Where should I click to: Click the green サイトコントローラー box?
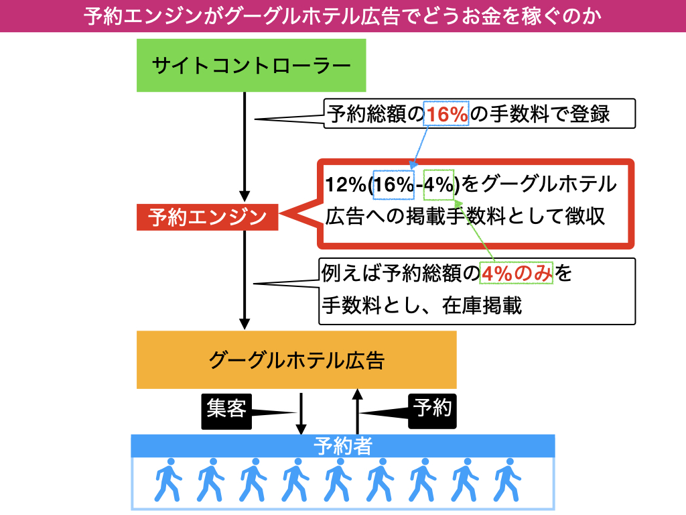pyautogui.click(x=251, y=65)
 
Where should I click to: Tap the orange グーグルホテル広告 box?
pyautogui.click(x=296, y=360)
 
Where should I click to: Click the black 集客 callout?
pyautogui.click(x=226, y=408)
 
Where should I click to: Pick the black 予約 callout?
pyautogui.click(x=433, y=408)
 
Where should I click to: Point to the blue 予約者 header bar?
pyautogui.click(x=342, y=446)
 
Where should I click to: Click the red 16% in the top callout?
pyautogui.click(x=447, y=115)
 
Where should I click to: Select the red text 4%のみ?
pyautogui.click(x=517, y=274)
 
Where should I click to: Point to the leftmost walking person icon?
pyautogui.click(x=167, y=480)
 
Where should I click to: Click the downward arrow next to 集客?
pyautogui.click(x=301, y=412)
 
